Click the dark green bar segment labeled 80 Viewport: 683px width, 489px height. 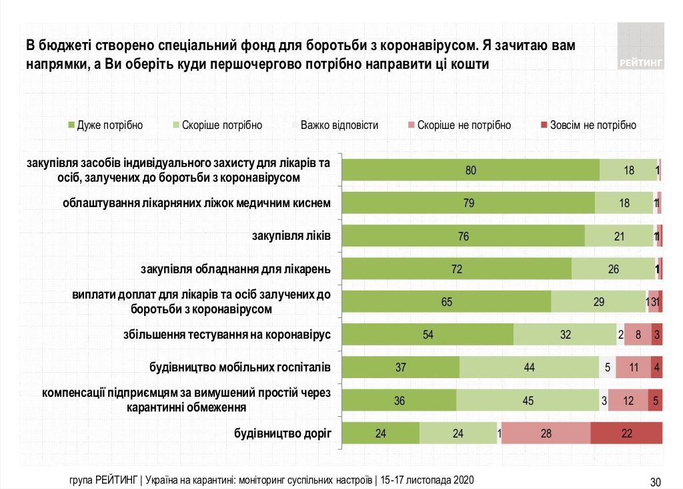(470, 170)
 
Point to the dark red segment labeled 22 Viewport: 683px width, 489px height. (626, 433)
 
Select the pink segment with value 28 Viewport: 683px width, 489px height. (546, 433)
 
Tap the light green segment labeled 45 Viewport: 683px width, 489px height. (528, 400)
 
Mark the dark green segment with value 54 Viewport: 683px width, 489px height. (428, 335)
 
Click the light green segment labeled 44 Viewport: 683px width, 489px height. (529, 367)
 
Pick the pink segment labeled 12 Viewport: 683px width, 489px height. (628, 400)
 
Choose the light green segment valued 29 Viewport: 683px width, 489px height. (598, 302)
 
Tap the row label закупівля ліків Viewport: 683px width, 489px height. (291, 236)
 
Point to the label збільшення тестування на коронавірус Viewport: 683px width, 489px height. (227, 335)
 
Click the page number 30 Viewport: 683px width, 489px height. (655, 482)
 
